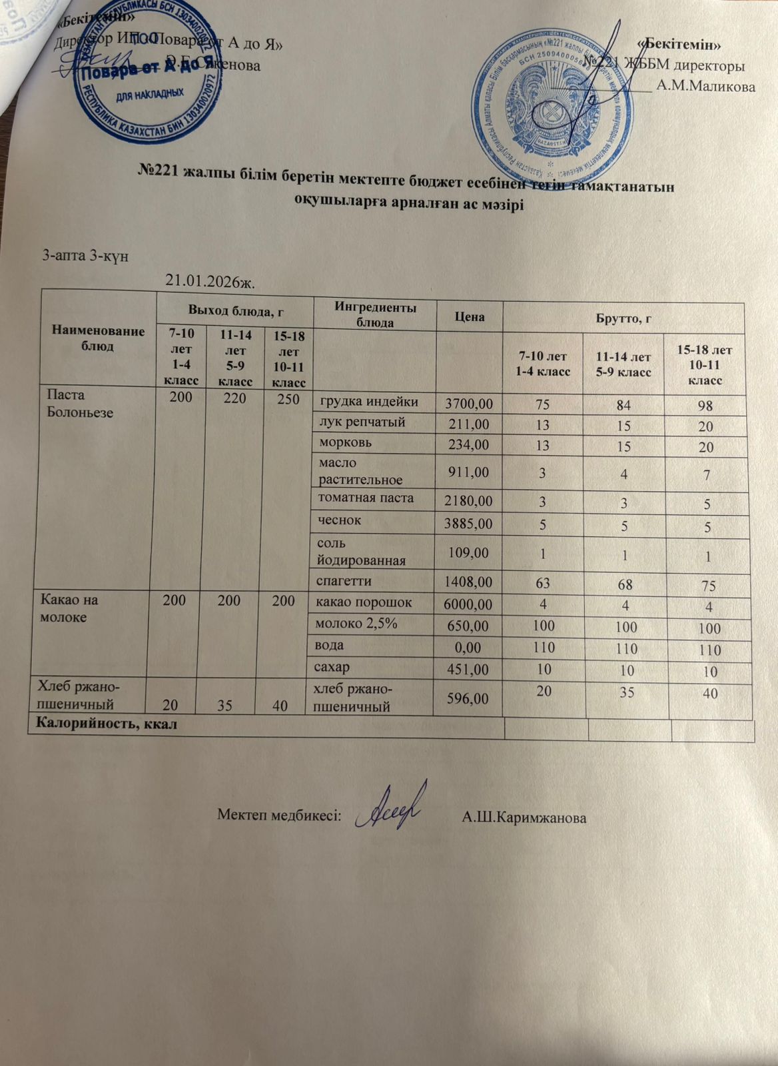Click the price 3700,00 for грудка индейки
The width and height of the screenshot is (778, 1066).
click(x=469, y=403)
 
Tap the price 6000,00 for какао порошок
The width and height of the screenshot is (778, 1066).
click(x=469, y=604)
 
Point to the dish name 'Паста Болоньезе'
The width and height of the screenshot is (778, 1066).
click(x=79, y=404)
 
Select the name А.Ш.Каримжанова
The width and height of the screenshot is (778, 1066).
click(x=524, y=817)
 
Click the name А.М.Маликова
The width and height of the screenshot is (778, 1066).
click(x=705, y=86)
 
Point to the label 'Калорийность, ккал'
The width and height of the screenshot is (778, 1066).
click(x=107, y=723)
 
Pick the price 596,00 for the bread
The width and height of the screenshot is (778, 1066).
click(x=469, y=698)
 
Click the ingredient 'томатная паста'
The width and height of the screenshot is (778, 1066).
click(x=366, y=498)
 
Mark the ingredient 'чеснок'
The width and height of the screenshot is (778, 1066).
click(x=340, y=520)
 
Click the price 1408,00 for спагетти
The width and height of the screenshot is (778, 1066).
click(x=469, y=583)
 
